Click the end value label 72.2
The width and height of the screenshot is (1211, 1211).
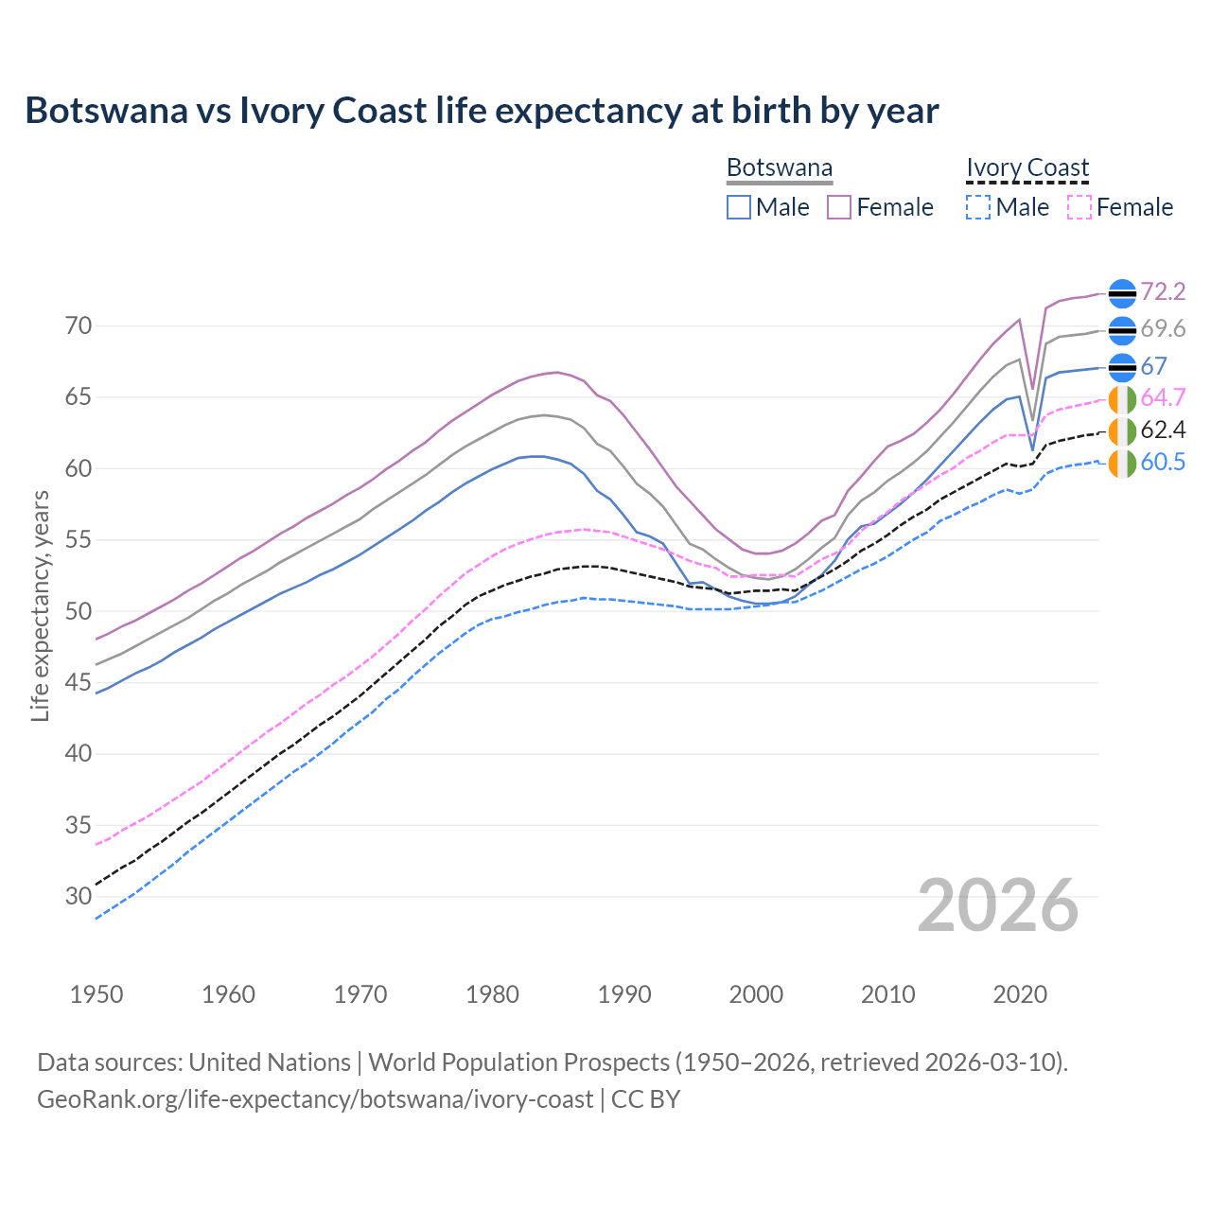1163,292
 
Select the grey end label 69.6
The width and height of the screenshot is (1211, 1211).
1163,329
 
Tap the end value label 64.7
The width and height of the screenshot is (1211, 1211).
1163,397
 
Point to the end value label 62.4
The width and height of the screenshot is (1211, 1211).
1163,430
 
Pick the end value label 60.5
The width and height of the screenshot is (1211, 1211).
1163,463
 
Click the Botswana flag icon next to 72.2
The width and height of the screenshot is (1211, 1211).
1122,293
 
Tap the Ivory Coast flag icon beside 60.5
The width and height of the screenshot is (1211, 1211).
1122,464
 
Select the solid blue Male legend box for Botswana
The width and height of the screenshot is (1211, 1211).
739,207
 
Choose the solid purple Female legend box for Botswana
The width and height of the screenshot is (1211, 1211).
839,207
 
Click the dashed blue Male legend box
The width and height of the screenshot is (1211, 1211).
978,207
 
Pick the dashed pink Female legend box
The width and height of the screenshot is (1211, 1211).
1079,207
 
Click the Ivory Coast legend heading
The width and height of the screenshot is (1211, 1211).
1027,168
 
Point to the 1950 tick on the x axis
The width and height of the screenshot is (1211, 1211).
97,994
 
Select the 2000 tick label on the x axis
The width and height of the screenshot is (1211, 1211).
756,994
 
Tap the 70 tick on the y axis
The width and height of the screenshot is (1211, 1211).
79,326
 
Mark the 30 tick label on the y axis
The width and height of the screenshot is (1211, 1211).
79,896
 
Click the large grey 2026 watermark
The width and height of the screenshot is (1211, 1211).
998,905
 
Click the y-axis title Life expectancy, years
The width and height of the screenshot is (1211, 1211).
40,605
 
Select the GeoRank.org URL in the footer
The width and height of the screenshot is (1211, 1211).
315,1099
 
